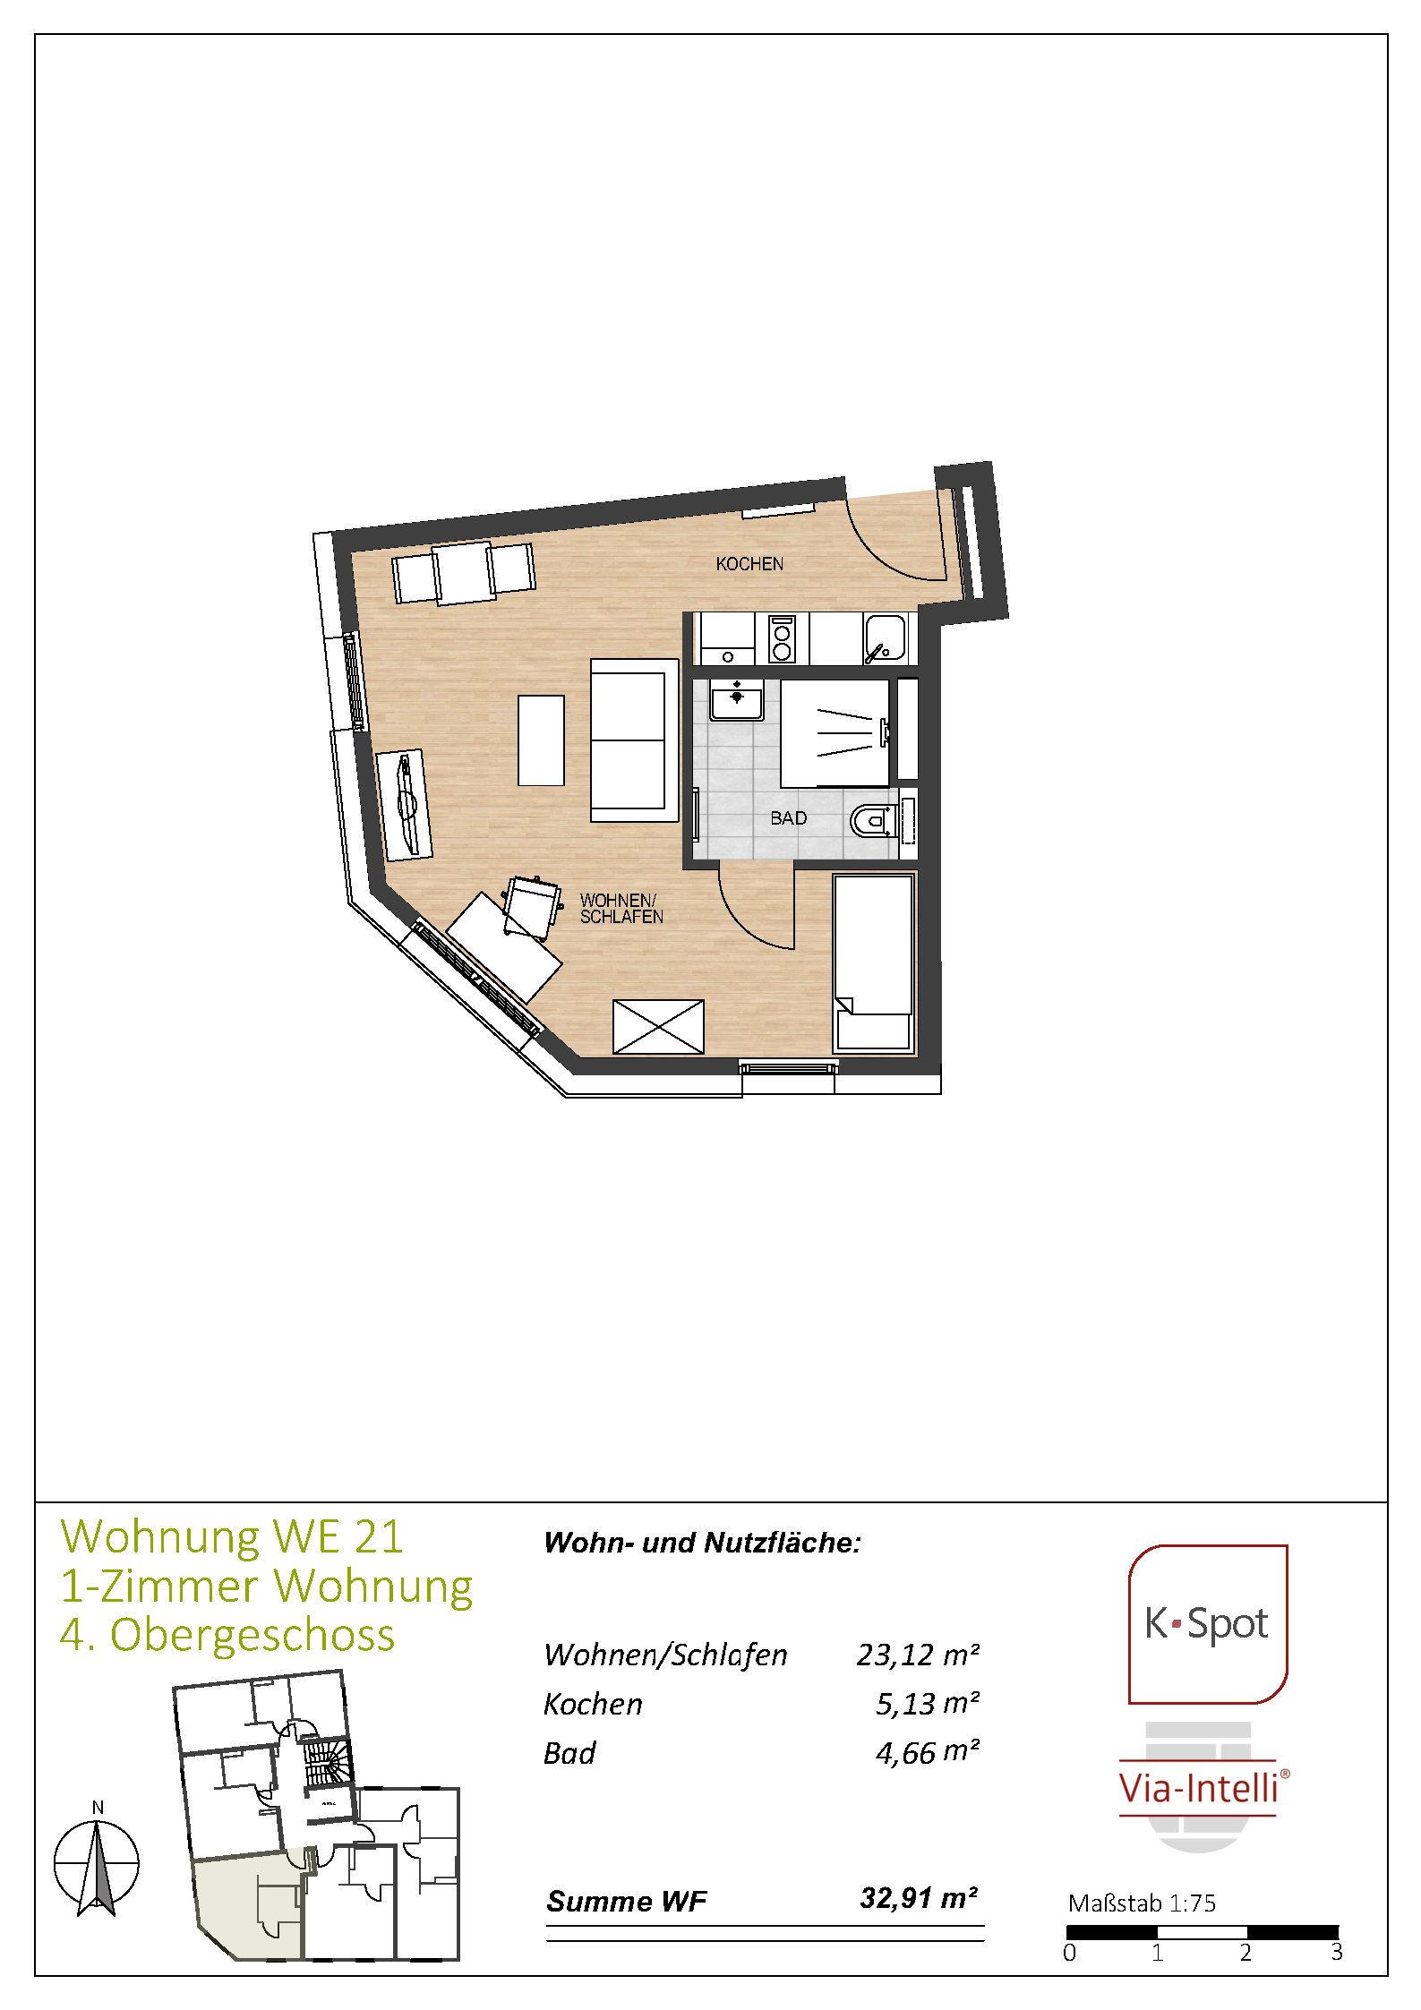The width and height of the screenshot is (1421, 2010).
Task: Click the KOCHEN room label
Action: click(x=749, y=564)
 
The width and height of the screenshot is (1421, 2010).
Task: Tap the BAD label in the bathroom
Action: click(x=788, y=818)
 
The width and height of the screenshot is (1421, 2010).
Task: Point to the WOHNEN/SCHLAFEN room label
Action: click(x=621, y=909)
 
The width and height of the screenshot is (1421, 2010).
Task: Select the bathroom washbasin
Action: click(x=736, y=699)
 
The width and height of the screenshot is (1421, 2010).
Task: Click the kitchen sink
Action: click(x=885, y=639)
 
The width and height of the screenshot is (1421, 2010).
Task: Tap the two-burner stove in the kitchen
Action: click(x=782, y=639)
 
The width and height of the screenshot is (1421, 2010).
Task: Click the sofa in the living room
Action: click(x=634, y=740)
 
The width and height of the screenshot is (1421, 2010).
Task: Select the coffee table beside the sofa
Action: click(x=541, y=740)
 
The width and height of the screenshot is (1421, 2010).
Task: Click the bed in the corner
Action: click(x=874, y=962)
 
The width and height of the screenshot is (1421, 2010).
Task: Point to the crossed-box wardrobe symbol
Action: click(x=658, y=1027)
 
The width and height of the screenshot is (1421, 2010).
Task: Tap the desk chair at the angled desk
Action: click(x=531, y=907)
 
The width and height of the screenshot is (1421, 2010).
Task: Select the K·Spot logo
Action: click(x=1207, y=1624)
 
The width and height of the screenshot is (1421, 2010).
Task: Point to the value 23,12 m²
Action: click(x=917, y=1655)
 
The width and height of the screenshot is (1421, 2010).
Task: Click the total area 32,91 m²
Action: click(x=919, y=1898)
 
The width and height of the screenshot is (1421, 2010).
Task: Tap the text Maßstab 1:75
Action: click(x=1142, y=1903)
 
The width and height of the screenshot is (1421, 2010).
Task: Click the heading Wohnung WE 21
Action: click(x=232, y=1537)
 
